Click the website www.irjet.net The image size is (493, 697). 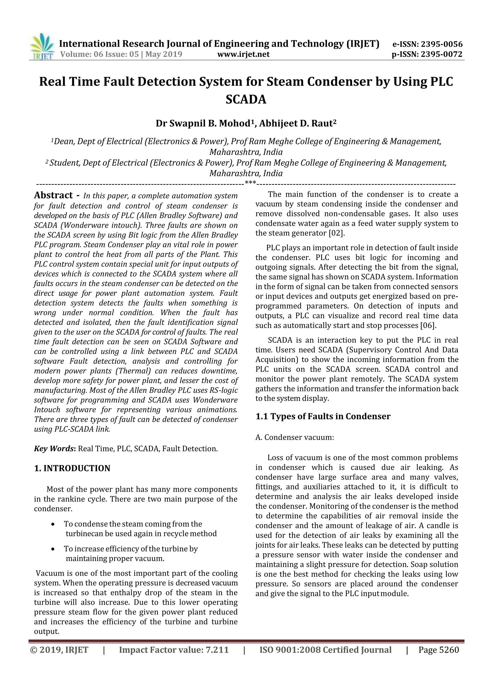[243, 54]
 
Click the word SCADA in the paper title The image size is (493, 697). [246, 99]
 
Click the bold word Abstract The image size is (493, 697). [53, 195]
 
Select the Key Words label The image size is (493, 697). [55, 449]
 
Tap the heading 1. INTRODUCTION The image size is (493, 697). [72, 468]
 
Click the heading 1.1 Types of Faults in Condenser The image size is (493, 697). [323, 416]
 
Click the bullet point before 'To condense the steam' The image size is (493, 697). [53, 524]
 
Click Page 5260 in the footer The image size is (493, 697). [439, 650]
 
